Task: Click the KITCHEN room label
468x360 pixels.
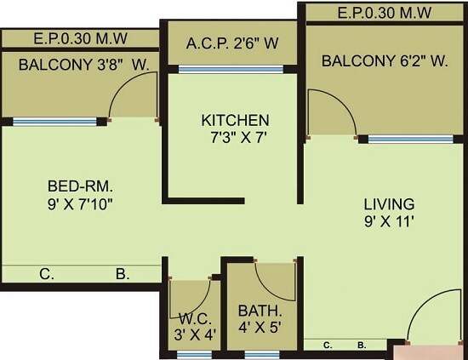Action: [x=235, y=120]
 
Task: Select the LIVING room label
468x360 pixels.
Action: [x=389, y=204]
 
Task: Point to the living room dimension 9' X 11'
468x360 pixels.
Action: [x=389, y=221]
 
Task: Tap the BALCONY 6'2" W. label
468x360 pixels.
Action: [x=385, y=61]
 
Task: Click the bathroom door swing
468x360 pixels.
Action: [x=274, y=280]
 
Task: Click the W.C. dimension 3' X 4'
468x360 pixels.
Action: [x=194, y=334]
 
